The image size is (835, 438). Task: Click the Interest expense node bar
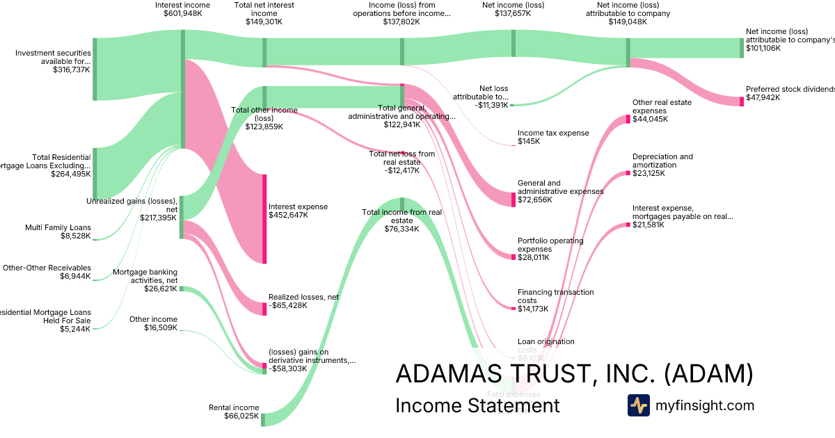[x=264, y=219]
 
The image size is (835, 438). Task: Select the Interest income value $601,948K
[x=182, y=13]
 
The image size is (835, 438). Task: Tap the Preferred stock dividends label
[x=790, y=89]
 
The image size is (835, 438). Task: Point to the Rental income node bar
[x=263, y=419]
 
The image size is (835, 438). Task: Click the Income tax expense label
[x=553, y=133]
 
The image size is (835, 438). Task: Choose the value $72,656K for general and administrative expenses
[x=534, y=200]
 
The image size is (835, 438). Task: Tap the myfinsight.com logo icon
[x=638, y=405]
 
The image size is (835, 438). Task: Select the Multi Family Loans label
[x=58, y=227]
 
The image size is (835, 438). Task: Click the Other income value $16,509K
[x=161, y=328]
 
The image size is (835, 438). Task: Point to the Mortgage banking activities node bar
[x=182, y=289]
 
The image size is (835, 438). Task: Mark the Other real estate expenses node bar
[x=628, y=119]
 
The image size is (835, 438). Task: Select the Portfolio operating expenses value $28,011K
[x=533, y=257]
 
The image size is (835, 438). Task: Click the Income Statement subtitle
[x=477, y=405]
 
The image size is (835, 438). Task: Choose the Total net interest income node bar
[x=264, y=52]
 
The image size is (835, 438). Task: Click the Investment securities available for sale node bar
[x=95, y=70]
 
